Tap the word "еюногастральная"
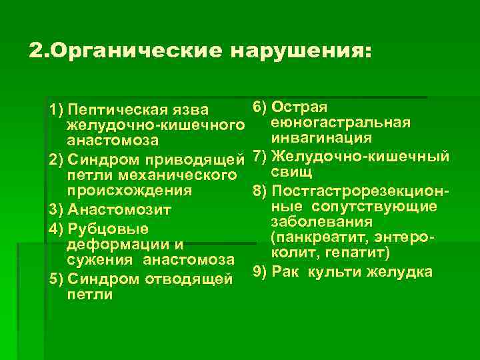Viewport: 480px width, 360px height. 341,123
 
